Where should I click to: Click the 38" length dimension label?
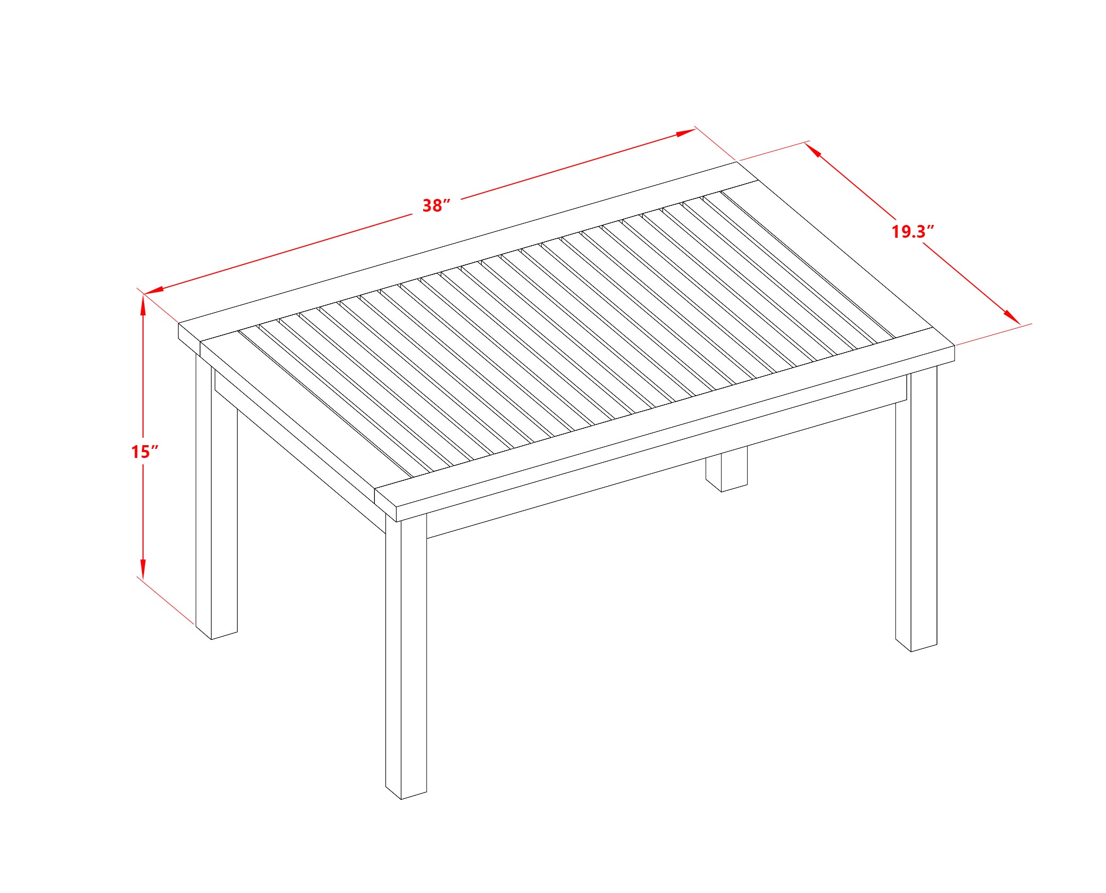coord(436,205)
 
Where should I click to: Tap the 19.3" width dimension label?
coord(912,231)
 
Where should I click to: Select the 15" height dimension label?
coord(145,452)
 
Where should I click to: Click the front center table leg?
coord(406,657)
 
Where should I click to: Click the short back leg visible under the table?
coord(726,469)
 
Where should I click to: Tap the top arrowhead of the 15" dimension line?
coord(143,304)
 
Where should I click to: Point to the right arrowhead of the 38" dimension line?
coord(685,132)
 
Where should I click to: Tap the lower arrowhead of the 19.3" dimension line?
coord(1012,316)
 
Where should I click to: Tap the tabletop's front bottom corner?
coord(397,520)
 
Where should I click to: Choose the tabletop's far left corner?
coord(179,323)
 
